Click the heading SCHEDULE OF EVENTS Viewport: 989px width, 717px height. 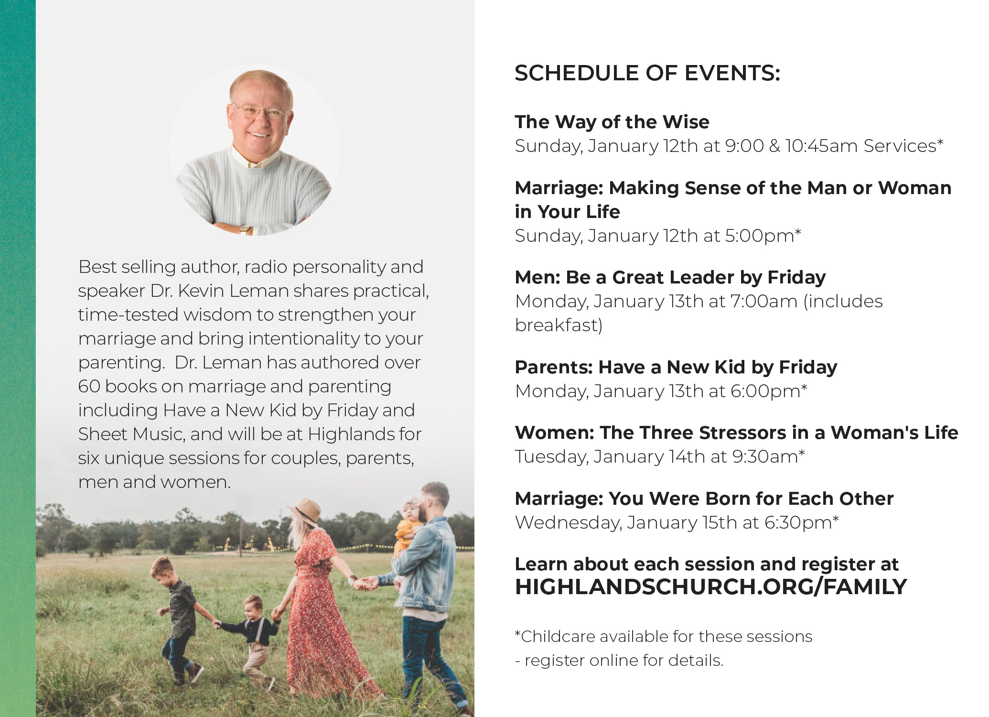[x=647, y=73]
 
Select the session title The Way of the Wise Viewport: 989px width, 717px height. [x=612, y=122]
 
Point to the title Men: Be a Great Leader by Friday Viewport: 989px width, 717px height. [x=670, y=278]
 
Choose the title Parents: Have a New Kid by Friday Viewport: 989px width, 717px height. [x=676, y=368]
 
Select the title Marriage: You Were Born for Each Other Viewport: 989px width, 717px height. [x=704, y=499]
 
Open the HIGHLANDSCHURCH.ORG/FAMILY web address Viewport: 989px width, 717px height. [x=711, y=587]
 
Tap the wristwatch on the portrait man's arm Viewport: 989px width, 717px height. [x=246, y=229]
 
